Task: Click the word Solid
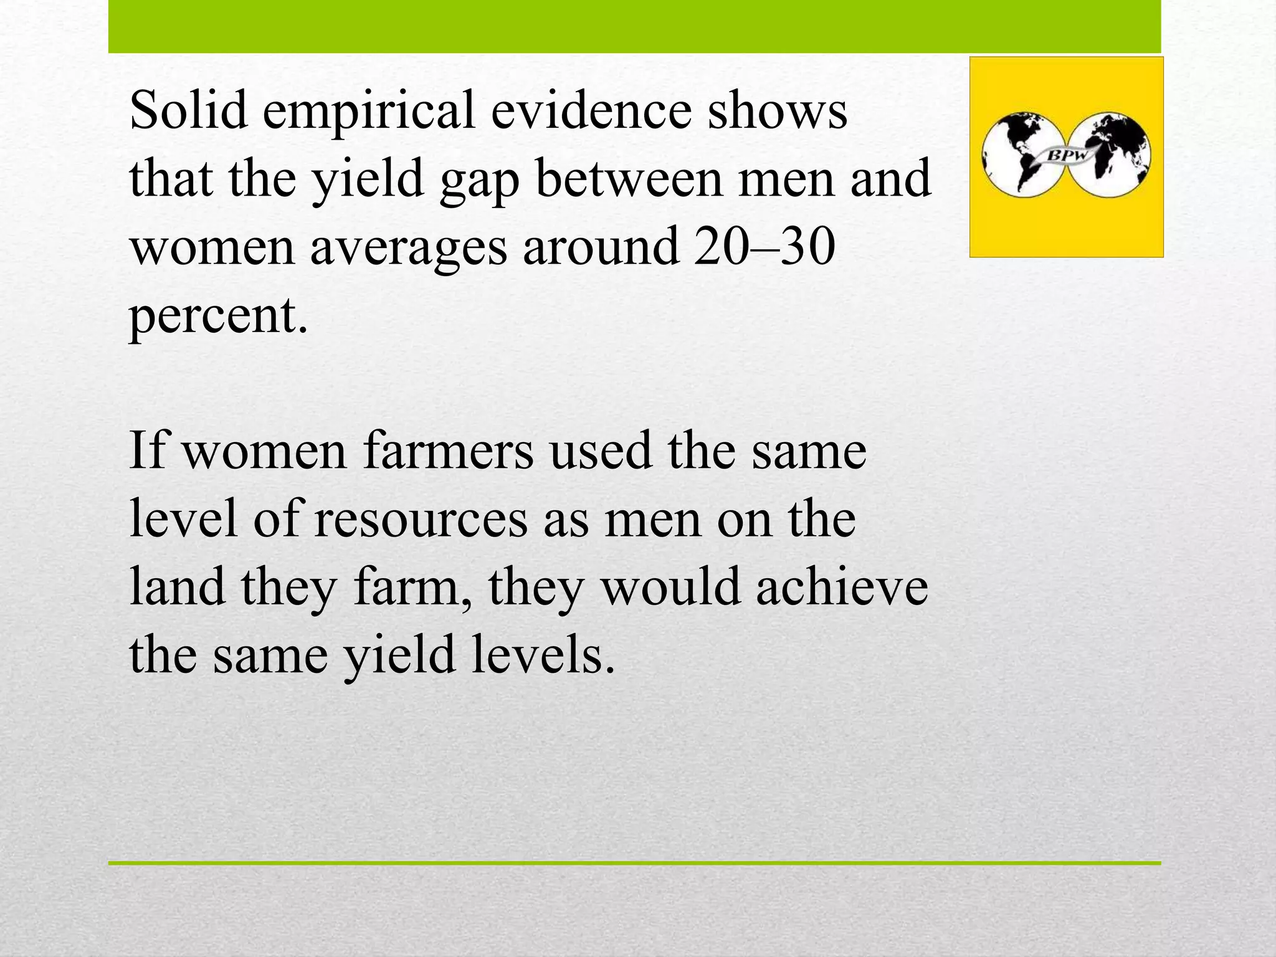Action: coord(188,110)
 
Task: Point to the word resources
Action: coord(421,520)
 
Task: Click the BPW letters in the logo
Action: coord(1067,155)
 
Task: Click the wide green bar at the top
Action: coord(634,26)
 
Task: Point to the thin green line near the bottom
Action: coord(634,863)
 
